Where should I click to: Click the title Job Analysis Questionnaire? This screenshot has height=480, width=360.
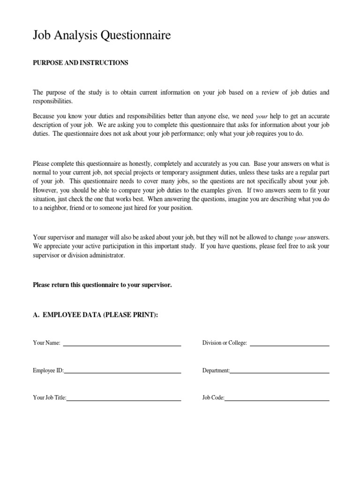[x=102, y=36]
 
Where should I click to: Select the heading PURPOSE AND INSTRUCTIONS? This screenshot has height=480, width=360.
[x=80, y=63]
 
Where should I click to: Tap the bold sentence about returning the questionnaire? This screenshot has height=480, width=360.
[x=102, y=285]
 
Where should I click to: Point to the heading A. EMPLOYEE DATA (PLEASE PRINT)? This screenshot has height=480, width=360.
[x=96, y=315]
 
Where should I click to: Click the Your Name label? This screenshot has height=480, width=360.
[x=46, y=343]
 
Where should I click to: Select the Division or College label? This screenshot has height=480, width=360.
[x=225, y=343]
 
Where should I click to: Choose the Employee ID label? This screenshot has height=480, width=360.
[x=48, y=370]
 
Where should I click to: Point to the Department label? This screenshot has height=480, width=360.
[x=216, y=370]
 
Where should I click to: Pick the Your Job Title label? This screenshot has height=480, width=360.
[x=50, y=398]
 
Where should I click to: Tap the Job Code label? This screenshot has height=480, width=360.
[x=213, y=398]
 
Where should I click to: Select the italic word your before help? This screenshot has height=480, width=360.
[x=262, y=116]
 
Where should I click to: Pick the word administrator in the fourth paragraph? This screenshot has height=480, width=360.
[x=109, y=256]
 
